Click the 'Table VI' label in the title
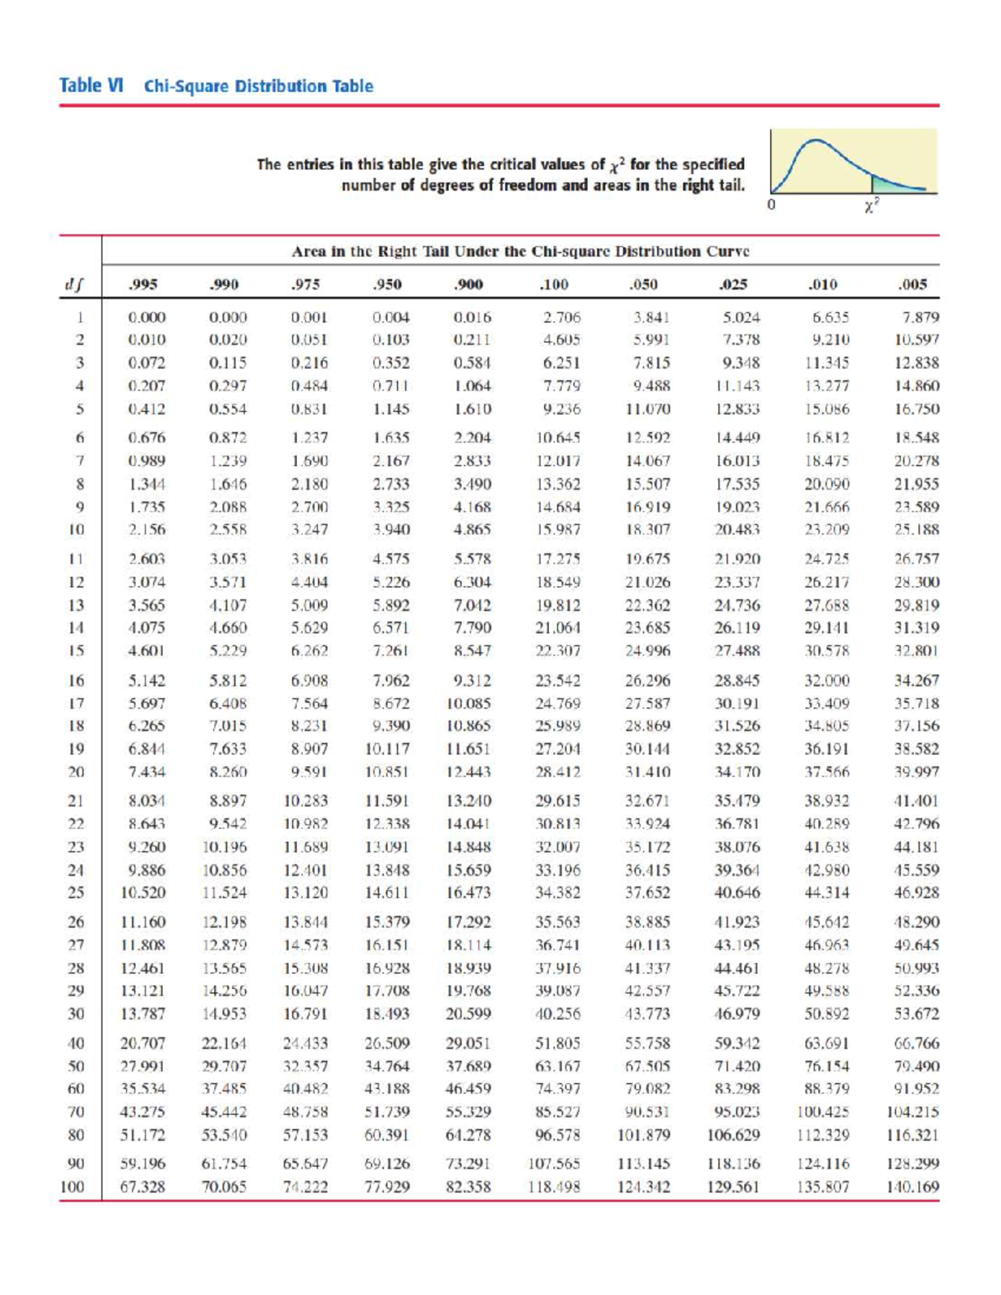coord(91,86)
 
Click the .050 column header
coord(642,284)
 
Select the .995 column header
coord(143,284)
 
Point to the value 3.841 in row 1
coord(647,318)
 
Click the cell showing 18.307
coord(647,530)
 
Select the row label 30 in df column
coord(76,1014)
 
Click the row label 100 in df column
coord(73,1187)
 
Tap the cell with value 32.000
coord(826,680)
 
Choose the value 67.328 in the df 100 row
coord(143,1187)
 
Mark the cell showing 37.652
coord(647,892)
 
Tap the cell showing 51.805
coord(557,1043)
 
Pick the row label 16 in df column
coord(76,680)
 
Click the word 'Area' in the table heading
coord(307,251)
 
